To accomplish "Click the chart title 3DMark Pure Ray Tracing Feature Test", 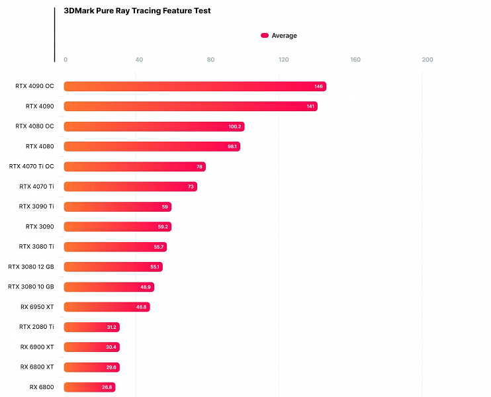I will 137,11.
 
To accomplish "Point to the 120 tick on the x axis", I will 283,60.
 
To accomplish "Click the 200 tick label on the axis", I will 427,60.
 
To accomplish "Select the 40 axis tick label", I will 139,60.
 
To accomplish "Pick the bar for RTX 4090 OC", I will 195,87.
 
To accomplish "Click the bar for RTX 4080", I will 152,146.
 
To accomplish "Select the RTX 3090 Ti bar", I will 117,206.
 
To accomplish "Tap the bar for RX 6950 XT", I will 107,307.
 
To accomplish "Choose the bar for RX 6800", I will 89,387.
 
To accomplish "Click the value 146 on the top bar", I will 319,87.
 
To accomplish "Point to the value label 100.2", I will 235,126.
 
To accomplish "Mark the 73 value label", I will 191,187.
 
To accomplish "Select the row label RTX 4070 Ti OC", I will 32,167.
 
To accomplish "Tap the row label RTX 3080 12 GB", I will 31,267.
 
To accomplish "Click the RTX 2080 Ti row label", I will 36,327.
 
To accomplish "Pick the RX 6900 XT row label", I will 37,347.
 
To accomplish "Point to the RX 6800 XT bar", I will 91,367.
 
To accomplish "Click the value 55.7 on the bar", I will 159,247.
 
